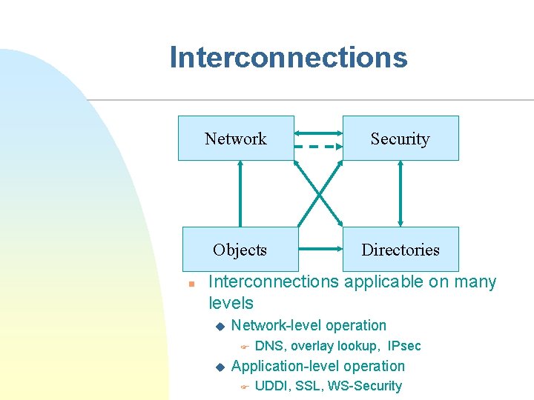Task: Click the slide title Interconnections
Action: pyautogui.click(x=288, y=58)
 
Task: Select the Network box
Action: pyautogui.click(x=236, y=139)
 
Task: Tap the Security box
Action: pyautogui.click(x=400, y=139)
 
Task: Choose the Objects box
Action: pyautogui.click(x=239, y=250)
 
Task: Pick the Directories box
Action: pyautogui.click(x=400, y=250)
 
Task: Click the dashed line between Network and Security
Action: pyautogui.click(x=318, y=147)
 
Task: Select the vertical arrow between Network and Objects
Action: pyautogui.click(x=240, y=193)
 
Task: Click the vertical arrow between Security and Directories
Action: pyautogui.click(x=400, y=193)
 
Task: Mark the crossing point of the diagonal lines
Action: pyautogui.click(x=319, y=193)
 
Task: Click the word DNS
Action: pyautogui.click(x=270, y=346)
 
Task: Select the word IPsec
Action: pyautogui.click(x=404, y=346)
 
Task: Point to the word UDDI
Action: pyautogui.click(x=272, y=386)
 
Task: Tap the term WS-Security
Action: pyautogui.click(x=365, y=386)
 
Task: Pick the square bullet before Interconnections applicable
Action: pyautogui.click(x=191, y=284)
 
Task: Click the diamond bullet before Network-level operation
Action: pyautogui.click(x=219, y=327)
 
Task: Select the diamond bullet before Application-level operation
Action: pyautogui.click(x=219, y=367)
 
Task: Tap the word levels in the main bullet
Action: pyautogui.click(x=231, y=303)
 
